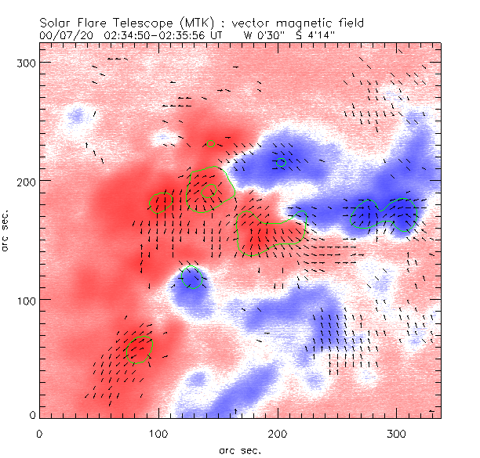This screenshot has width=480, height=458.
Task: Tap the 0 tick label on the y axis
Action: [x=31, y=414]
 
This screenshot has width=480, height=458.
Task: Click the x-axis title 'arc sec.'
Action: [x=240, y=450]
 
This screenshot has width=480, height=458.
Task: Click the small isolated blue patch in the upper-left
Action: [x=76, y=117]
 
